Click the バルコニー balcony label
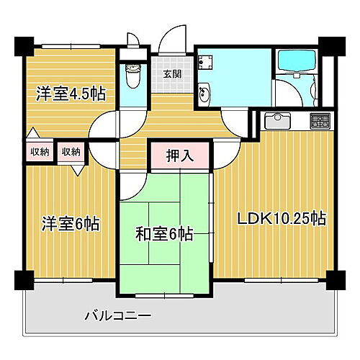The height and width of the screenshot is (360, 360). (x=117, y=315)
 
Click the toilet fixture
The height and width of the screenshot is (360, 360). (x=132, y=74)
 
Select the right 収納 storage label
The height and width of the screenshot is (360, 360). (x=71, y=151)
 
